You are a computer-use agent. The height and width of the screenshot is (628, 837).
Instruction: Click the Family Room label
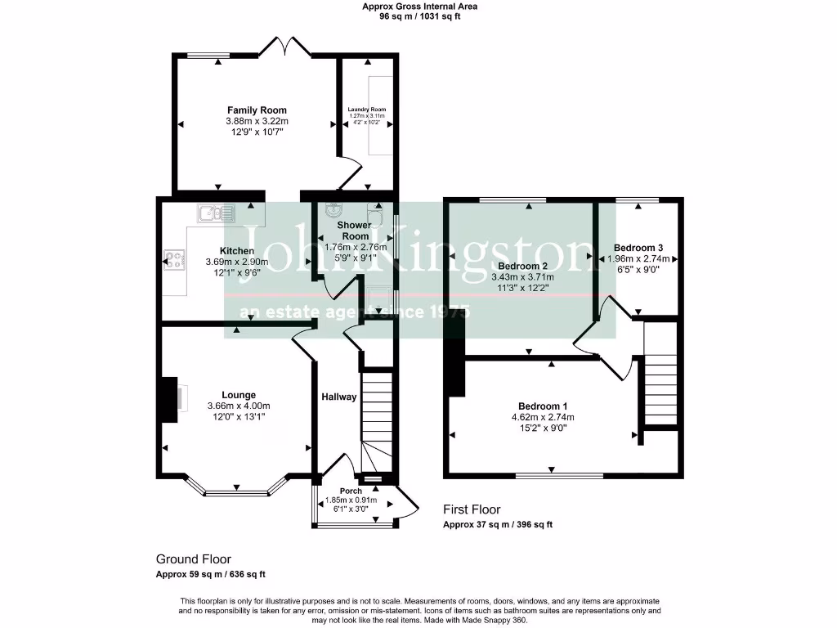click(x=257, y=110)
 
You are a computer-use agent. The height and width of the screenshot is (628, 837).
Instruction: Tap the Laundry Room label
click(x=367, y=110)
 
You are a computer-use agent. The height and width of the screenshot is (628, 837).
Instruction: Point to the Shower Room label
click(x=356, y=231)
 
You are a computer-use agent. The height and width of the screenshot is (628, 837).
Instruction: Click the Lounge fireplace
click(x=170, y=400)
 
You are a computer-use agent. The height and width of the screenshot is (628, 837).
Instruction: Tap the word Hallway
click(x=338, y=397)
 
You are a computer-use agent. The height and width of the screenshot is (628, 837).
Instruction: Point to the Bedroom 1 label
click(x=543, y=406)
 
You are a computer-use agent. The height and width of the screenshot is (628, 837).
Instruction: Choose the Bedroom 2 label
click(x=522, y=267)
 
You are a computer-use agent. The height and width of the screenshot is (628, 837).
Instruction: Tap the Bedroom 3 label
click(x=638, y=248)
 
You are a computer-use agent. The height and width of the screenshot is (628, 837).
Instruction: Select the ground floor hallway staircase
click(x=377, y=417)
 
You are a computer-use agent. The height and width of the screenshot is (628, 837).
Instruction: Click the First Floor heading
click(x=472, y=509)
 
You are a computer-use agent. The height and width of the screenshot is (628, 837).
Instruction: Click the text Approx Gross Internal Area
click(x=420, y=7)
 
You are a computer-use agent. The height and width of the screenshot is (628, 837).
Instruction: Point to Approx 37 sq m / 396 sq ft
click(x=497, y=525)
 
